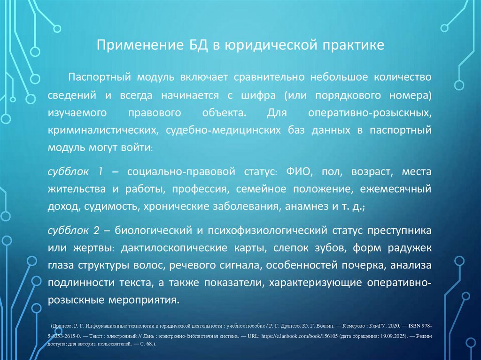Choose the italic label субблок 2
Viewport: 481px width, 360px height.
click(76, 230)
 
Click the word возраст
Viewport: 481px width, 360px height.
click(370, 172)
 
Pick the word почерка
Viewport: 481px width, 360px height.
click(366, 265)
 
